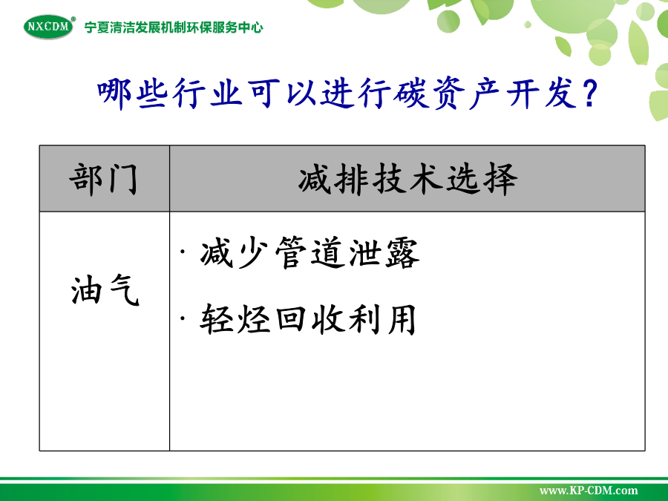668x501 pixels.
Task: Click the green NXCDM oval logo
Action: coord(49,27)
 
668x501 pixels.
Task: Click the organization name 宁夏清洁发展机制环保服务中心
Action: coord(174,27)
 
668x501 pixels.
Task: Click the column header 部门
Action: coord(104,179)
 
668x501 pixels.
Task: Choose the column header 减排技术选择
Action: coord(407,179)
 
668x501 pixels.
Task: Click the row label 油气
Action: coord(105,290)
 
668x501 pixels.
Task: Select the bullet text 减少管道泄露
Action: coord(310,253)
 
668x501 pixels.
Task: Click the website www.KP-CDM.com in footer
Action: coord(589,491)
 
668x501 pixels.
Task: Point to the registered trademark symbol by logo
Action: coord(73,19)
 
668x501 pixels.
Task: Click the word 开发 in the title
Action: coord(543,94)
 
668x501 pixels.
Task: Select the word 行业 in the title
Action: coord(208,94)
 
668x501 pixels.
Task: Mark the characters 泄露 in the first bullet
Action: coord(384,253)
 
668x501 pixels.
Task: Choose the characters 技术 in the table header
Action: coord(407,179)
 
